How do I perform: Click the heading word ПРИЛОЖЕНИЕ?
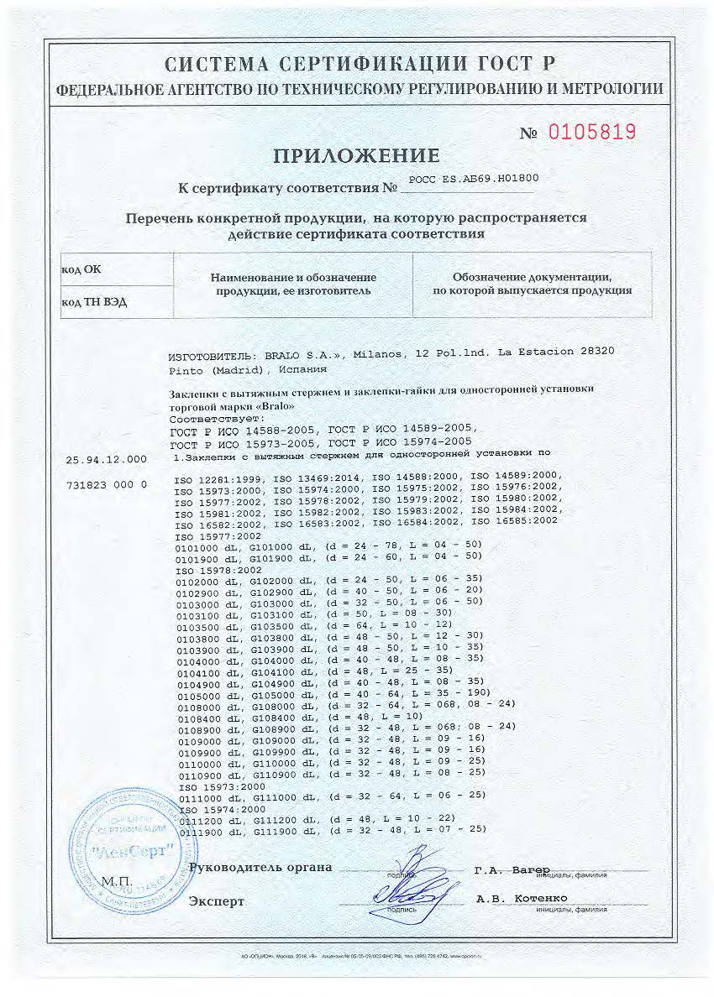[356, 155]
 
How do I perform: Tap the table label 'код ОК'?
[81, 269]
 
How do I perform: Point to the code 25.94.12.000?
[109, 459]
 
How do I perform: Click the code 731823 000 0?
[107, 485]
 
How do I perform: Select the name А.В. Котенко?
[521, 899]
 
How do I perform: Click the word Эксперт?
[217, 901]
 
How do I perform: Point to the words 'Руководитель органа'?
[260, 867]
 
